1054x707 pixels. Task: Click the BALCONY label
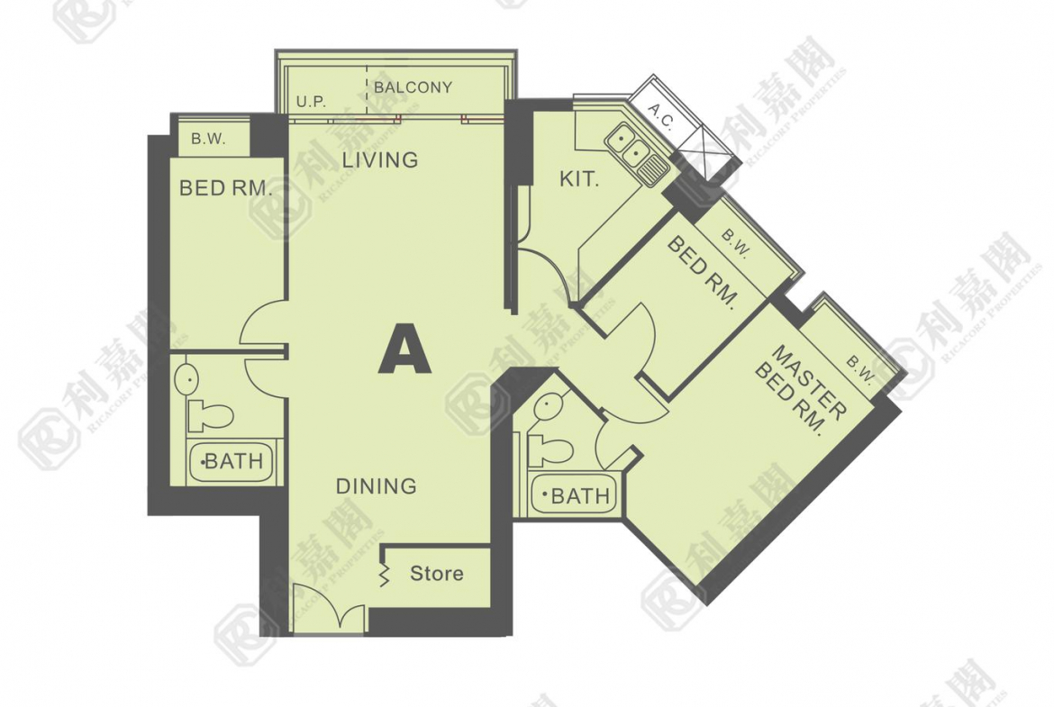(x=413, y=86)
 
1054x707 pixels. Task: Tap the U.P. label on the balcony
(x=311, y=102)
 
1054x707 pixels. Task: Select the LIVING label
(x=380, y=160)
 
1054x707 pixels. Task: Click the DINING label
(x=377, y=486)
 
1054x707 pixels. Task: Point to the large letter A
(x=404, y=349)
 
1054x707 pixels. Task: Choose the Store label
(x=437, y=574)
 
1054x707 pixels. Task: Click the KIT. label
(x=578, y=178)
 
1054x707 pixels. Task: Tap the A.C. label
(x=660, y=115)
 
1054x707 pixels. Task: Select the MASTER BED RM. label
(x=799, y=391)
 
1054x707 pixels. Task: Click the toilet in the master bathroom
(x=550, y=449)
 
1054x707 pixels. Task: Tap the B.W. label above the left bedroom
(x=208, y=139)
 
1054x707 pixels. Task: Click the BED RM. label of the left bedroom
(x=226, y=188)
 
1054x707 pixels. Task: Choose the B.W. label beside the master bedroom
(x=860, y=370)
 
